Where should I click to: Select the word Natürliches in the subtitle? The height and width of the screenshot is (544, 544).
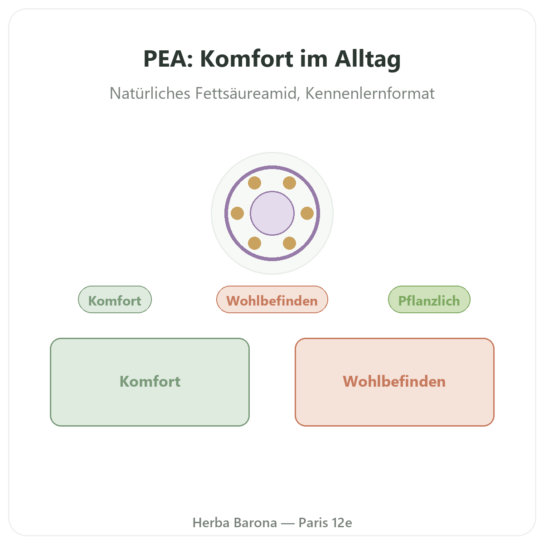(x=150, y=93)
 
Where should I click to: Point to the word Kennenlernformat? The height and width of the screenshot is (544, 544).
(x=370, y=93)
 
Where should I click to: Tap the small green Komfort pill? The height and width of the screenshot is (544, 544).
(x=115, y=300)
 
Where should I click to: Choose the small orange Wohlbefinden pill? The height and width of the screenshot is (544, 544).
(x=272, y=300)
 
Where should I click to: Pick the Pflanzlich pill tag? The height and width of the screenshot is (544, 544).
(x=429, y=300)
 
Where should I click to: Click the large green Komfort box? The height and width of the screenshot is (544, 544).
(x=150, y=382)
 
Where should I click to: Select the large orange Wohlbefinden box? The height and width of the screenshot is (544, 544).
(x=394, y=382)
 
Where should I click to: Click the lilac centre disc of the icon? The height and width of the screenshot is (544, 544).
(x=272, y=213)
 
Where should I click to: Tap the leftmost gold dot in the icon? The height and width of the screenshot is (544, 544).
(x=237, y=213)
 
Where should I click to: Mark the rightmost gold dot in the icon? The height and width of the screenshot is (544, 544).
(x=307, y=213)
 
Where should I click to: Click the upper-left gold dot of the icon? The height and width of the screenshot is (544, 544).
(x=254, y=183)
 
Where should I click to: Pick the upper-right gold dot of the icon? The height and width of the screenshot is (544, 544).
(x=289, y=183)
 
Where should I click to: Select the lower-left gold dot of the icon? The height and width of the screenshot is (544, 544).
(x=254, y=243)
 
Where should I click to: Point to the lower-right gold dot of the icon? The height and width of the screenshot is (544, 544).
(x=289, y=243)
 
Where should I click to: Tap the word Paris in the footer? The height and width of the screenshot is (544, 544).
(x=313, y=523)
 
